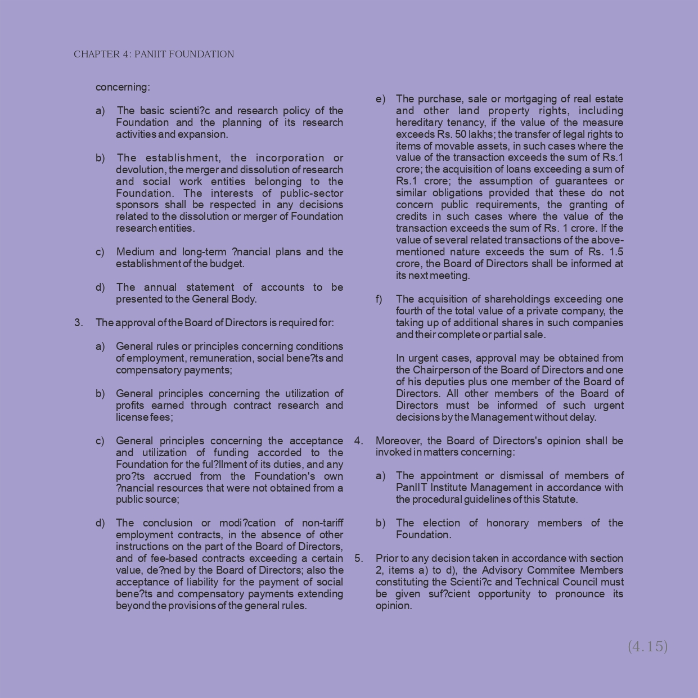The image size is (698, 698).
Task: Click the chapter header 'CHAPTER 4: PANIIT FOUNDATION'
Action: pos(154,55)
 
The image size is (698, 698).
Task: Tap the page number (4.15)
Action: pos(647,646)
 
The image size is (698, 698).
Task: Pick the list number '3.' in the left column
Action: pos(79,323)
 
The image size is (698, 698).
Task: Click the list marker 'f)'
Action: pos(379,299)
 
